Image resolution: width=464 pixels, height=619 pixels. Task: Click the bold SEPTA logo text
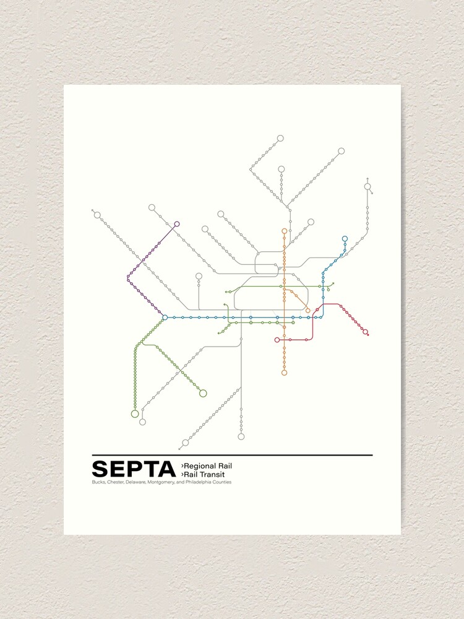(134, 469)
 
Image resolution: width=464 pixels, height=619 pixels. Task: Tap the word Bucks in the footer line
(98, 483)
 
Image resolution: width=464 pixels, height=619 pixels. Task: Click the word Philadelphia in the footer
(200, 483)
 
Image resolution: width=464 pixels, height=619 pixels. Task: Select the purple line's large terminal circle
(177, 224)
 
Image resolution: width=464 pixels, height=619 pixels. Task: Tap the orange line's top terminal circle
(285, 231)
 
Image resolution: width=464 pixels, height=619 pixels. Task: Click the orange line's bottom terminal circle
(285, 373)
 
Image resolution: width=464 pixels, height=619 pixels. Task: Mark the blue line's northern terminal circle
(345, 238)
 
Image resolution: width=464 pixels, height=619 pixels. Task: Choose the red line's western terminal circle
(277, 340)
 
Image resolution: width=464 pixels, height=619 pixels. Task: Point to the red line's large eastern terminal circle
(365, 332)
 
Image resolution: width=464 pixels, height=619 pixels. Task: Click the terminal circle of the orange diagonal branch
(307, 311)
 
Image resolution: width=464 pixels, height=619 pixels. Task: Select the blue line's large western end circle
(165, 318)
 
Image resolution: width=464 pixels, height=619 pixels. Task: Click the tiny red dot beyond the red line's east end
(368, 335)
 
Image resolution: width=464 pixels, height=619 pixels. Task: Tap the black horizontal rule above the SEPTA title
(232, 456)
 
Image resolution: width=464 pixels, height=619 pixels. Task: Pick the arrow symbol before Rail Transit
(182, 474)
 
